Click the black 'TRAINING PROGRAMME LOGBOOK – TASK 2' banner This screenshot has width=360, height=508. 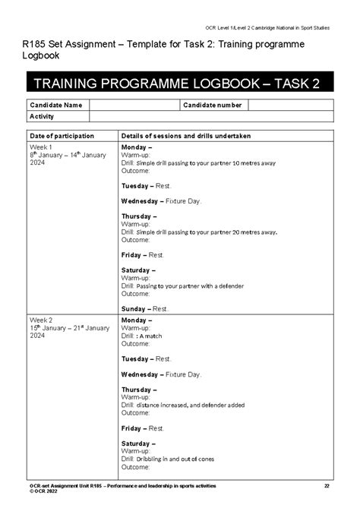pyautogui.click(x=179, y=83)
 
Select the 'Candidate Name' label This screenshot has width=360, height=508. pyautogui.click(x=55, y=105)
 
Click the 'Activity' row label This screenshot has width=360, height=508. pyautogui.click(x=42, y=116)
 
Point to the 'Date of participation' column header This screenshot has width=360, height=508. pyautogui.click(x=62, y=136)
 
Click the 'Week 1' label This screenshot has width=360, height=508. pyautogui.click(x=40, y=147)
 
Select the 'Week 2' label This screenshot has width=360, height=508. pyautogui.click(x=40, y=320)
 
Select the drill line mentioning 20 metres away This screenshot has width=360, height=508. pyautogui.click(x=199, y=232)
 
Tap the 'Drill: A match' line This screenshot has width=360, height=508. pyautogui.click(x=147, y=336)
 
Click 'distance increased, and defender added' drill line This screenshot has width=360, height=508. pyautogui.click(x=183, y=405)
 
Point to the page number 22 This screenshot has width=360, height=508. pyautogui.click(x=327, y=486)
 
